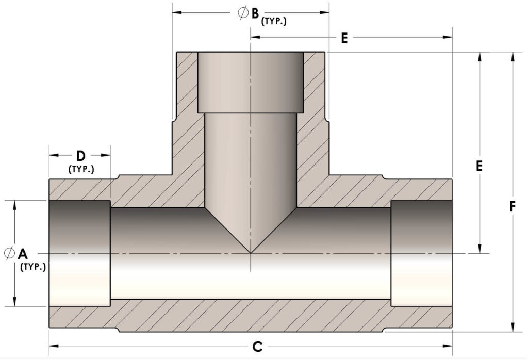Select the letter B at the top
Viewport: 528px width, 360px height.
[255, 13]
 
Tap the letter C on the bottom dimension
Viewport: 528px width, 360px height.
[257, 347]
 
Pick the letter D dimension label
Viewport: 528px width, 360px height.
[80, 155]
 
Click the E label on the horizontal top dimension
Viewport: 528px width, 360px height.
[344, 38]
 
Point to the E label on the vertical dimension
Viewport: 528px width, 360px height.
[479, 166]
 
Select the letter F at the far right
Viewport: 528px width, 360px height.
[512, 207]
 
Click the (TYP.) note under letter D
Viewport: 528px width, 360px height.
[81, 169]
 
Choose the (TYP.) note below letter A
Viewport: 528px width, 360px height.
[33, 267]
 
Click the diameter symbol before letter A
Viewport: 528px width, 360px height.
[9, 253]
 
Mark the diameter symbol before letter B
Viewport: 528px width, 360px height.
[243, 13]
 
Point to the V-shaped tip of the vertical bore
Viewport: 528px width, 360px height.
[251, 252]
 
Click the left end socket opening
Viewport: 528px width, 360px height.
[79, 253]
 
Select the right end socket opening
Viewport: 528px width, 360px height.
[421, 253]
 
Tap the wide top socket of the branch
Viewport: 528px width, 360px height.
[251, 83]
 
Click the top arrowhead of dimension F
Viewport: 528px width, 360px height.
[512, 57]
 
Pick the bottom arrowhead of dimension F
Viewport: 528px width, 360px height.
[512, 326]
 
